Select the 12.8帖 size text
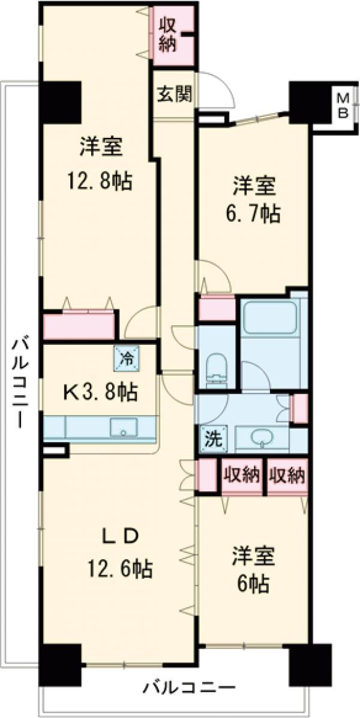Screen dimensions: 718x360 click(100, 181)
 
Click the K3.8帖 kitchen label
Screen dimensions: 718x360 click(100, 392)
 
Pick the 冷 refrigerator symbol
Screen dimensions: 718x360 click(127, 359)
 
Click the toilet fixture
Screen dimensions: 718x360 click(215, 366)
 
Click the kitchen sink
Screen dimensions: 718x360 click(124, 427)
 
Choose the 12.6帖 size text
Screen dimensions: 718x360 click(118, 566)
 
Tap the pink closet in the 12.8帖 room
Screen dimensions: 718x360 click(80, 326)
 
